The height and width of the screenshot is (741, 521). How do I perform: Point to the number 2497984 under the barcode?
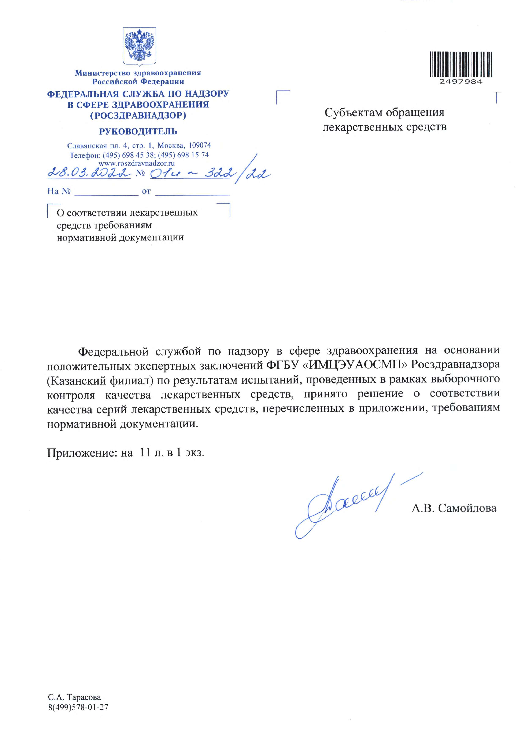click(461, 82)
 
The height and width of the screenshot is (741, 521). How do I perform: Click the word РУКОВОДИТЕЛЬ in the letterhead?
click(138, 131)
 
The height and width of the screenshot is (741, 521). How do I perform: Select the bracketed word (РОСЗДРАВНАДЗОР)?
click(138, 115)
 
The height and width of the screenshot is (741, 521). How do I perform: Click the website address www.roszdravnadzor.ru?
click(137, 163)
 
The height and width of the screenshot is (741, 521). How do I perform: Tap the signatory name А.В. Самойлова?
click(454, 508)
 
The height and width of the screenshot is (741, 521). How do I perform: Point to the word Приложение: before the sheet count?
click(82, 453)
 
